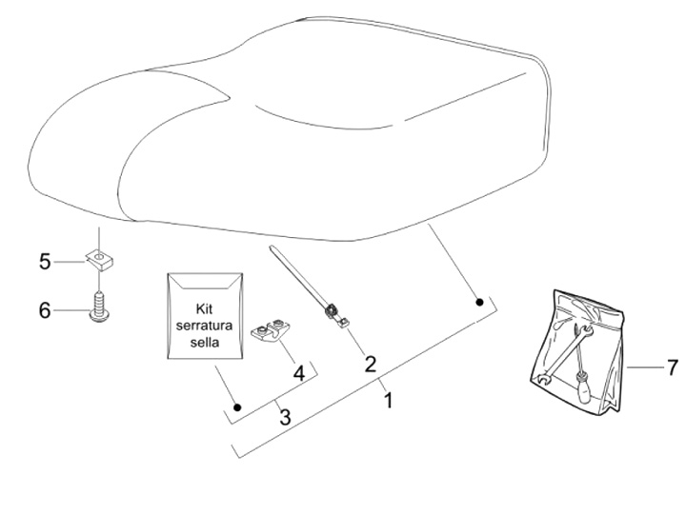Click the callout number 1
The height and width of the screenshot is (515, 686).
[x=388, y=402]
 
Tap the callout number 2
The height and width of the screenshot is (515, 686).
[x=370, y=363]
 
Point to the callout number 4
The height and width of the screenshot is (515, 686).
[x=298, y=373]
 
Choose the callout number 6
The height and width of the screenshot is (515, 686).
[x=45, y=310]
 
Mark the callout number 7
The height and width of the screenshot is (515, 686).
[x=671, y=366]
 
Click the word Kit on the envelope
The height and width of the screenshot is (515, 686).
[x=207, y=308]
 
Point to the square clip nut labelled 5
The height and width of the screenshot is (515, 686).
[x=99, y=258]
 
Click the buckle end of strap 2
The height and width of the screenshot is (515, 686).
[x=333, y=312]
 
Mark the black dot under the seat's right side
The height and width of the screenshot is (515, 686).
[x=479, y=302]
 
